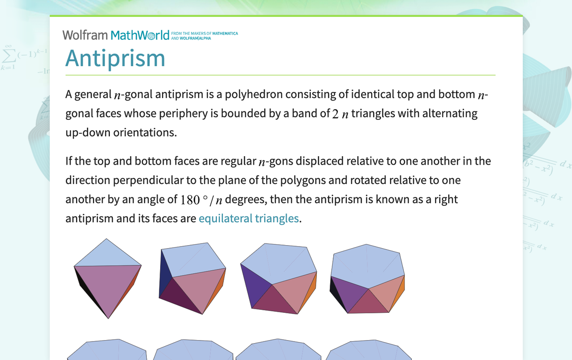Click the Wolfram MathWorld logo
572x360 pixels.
(x=119, y=35)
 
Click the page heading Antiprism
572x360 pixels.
(x=115, y=58)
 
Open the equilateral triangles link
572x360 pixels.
(x=249, y=218)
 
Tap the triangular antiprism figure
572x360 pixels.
(x=107, y=278)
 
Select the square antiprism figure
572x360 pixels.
(x=192, y=278)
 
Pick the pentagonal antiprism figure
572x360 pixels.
(x=278, y=278)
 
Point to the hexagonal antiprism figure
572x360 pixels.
(x=367, y=278)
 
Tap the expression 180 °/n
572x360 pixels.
(x=201, y=200)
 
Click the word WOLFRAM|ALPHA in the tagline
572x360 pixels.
(x=195, y=38)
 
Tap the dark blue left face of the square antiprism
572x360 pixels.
(x=165, y=273)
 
